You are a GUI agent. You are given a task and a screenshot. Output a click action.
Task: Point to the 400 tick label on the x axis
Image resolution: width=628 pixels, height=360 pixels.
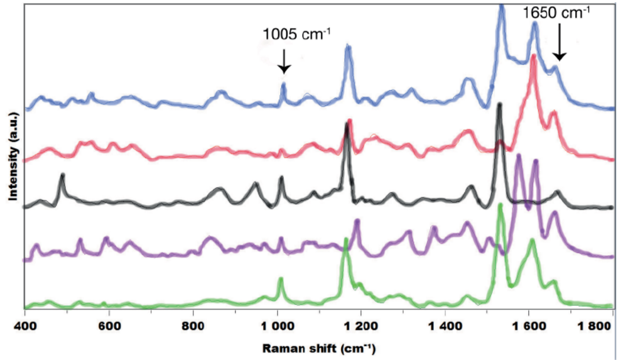click(x=24, y=327)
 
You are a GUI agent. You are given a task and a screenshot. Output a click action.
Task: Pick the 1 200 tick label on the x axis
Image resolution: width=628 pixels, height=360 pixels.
click(x=361, y=327)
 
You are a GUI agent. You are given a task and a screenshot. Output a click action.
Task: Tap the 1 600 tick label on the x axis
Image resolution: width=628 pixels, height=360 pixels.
click(x=529, y=327)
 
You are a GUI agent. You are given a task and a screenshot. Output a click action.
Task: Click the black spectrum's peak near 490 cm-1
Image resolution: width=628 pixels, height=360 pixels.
click(x=62, y=177)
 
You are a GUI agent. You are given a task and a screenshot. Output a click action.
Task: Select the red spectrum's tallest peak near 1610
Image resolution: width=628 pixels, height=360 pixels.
click(x=533, y=58)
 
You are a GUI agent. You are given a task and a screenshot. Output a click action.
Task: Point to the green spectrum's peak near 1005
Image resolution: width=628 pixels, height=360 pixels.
click(x=281, y=280)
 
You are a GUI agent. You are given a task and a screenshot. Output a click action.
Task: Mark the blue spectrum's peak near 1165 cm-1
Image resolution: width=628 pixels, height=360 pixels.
click(x=348, y=50)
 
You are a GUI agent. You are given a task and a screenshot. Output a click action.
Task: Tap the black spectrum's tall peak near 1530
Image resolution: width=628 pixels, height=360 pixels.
click(x=499, y=106)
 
